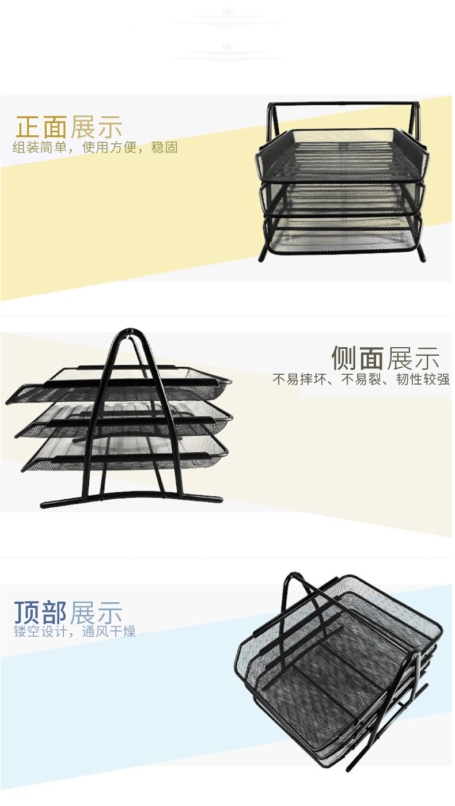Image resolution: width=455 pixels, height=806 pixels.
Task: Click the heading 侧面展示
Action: [x=385, y=358]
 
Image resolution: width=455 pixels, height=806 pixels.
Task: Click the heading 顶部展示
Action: [x=69, y=613]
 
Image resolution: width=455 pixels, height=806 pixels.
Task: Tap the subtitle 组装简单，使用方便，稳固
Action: [x=95, y=147]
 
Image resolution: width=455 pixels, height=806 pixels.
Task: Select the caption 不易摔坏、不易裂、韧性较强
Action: [x=361, y=380]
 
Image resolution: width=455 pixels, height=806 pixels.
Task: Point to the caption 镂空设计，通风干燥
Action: [x=75, y=632]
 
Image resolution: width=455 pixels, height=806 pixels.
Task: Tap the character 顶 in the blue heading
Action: [x=27, y=613]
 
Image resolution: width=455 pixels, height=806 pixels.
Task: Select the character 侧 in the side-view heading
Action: [x=344, y=358]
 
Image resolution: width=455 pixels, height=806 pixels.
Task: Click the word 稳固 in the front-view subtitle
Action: [x=164, y=147]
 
